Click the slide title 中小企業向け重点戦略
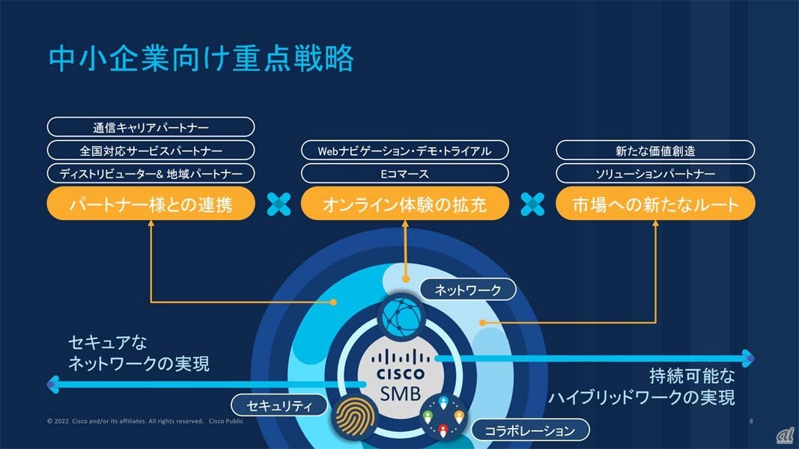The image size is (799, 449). pos(201,59)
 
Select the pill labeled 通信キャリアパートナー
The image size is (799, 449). pos(151,127)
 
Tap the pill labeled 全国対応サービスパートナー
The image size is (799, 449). pos(151,150)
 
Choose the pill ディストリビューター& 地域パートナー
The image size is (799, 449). pos(151,174)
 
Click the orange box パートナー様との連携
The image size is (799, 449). pos(151,204)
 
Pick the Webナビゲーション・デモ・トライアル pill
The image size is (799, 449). pos(404,150)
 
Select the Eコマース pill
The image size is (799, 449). pos(404,174)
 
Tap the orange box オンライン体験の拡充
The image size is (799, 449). pos(404,204)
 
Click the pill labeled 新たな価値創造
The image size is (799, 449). pos(655,150)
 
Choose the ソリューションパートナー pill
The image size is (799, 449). pos(655,174)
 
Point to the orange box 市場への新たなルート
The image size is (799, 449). pos(655,204)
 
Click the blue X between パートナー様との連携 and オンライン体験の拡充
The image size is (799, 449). pos(279,204)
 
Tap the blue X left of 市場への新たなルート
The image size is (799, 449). pos(532,204)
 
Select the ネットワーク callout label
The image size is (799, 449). pos(467,289)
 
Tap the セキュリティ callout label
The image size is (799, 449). pos(279,406)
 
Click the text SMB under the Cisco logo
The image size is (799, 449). pos(401,393)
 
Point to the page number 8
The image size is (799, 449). pos(751,421)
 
